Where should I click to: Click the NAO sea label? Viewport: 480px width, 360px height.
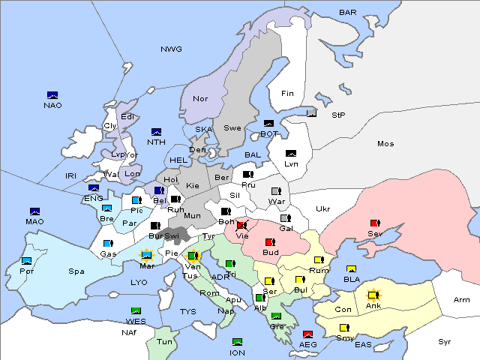pyautogui.click(x=52, y=105)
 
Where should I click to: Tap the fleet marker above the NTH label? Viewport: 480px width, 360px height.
pyautogui.click(x=157, y=132)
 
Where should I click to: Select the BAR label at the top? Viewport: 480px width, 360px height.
pyautogui.click(x=348, y=12)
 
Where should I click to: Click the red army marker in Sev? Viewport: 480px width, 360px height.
pyautogui.click(x=375, y=223)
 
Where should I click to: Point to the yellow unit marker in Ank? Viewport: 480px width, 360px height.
pyautogui.click(x=371, y=295)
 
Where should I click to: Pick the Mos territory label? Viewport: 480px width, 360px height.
pyautogui.click(x=385, y=143)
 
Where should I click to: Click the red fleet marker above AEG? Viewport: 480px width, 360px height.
pyautogui.click(x=307, y=334)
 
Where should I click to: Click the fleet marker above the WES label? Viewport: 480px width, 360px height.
pyautogui.click(x=136, y=311)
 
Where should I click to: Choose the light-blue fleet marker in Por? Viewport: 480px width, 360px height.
pyautogui.click(x=27, y=261)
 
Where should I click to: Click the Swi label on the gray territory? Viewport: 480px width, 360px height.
pyautogui.click(x=172, y=235)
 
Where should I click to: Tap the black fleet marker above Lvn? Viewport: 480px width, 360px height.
pyautogui.click(x=291, y=154)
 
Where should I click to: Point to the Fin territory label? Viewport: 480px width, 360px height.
pyautogui.click(x=287, y=93)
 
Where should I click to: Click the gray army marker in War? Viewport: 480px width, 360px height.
pyautogui.click(x=277, y=191)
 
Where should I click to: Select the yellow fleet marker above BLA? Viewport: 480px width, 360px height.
pyautogui.click(x=350, y=269)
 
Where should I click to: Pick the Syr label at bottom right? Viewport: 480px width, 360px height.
pyautogui.click(x=445, y=341)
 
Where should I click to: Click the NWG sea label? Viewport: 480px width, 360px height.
pyautogui.click(x=171, y=49)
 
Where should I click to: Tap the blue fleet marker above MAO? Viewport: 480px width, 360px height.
pyautogui.click(x=34, y=211)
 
